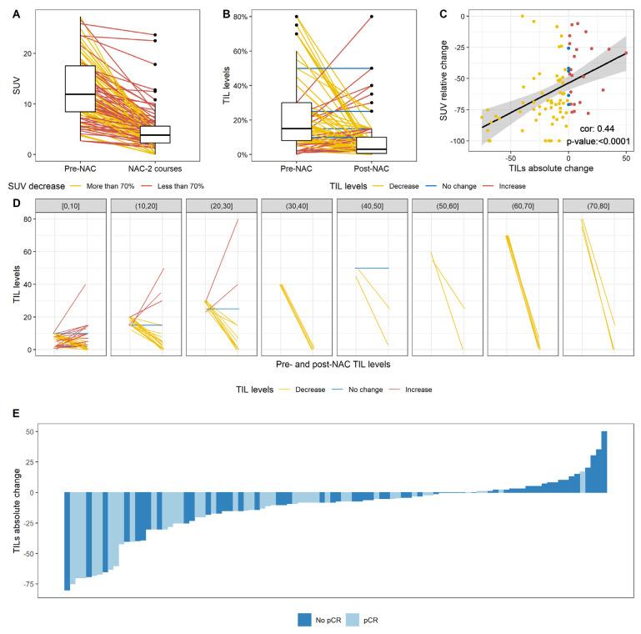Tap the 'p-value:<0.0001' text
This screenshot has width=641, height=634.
coord(591,143)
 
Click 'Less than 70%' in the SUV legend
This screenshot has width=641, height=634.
coord(176,186)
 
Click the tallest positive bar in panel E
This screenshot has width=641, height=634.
coord(604,461)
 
